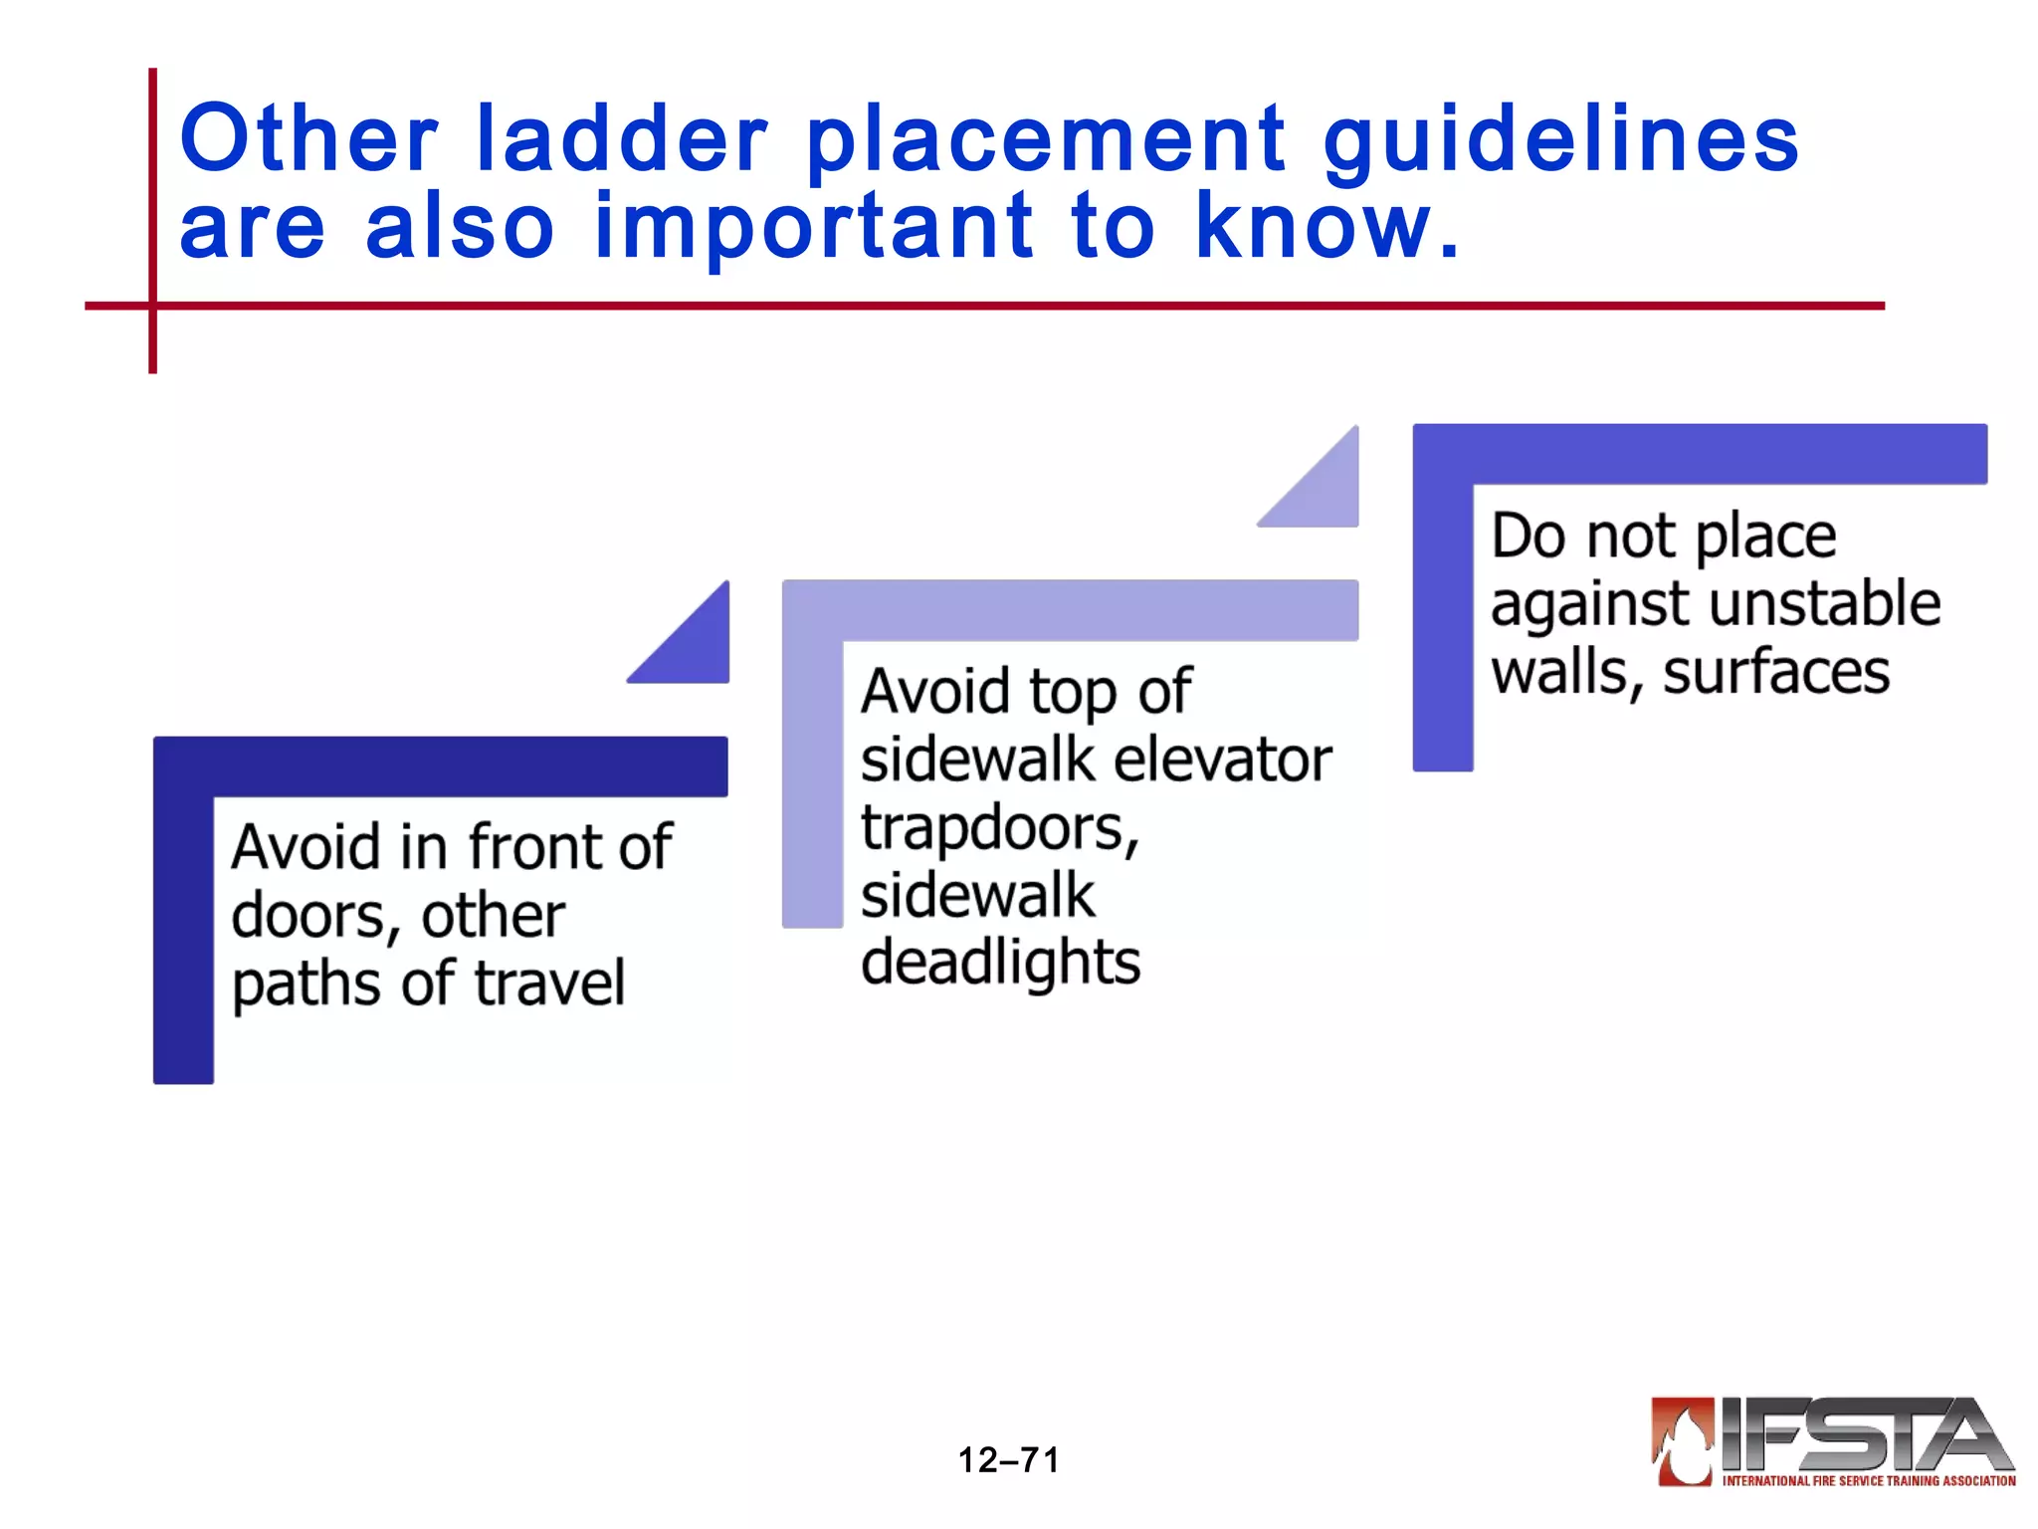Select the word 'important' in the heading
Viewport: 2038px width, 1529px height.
(813, 227)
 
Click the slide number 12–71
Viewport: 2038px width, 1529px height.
(1008, 1460)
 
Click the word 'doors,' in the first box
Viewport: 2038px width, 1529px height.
(314, 916)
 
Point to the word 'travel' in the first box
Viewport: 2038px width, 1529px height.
(549, 983)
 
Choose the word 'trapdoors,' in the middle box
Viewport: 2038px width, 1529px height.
(999, 828)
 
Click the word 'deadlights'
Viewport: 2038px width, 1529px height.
(1000, 963)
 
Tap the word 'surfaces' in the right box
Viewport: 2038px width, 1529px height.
(1776, 672)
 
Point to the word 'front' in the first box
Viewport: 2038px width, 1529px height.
(527, 847)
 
